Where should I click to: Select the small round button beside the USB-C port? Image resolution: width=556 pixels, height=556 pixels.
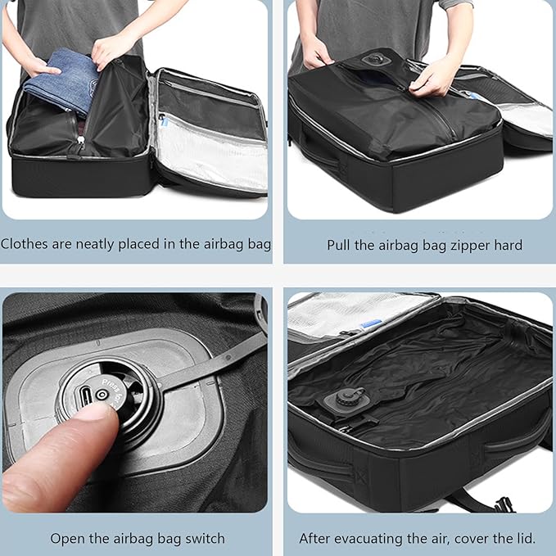[x=102, y=394]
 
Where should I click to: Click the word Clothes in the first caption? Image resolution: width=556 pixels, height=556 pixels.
[x=24, y=244]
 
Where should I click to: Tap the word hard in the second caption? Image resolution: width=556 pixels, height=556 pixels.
[x=507, y=245]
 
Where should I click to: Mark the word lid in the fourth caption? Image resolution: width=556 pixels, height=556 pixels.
[x=525, y=538]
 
